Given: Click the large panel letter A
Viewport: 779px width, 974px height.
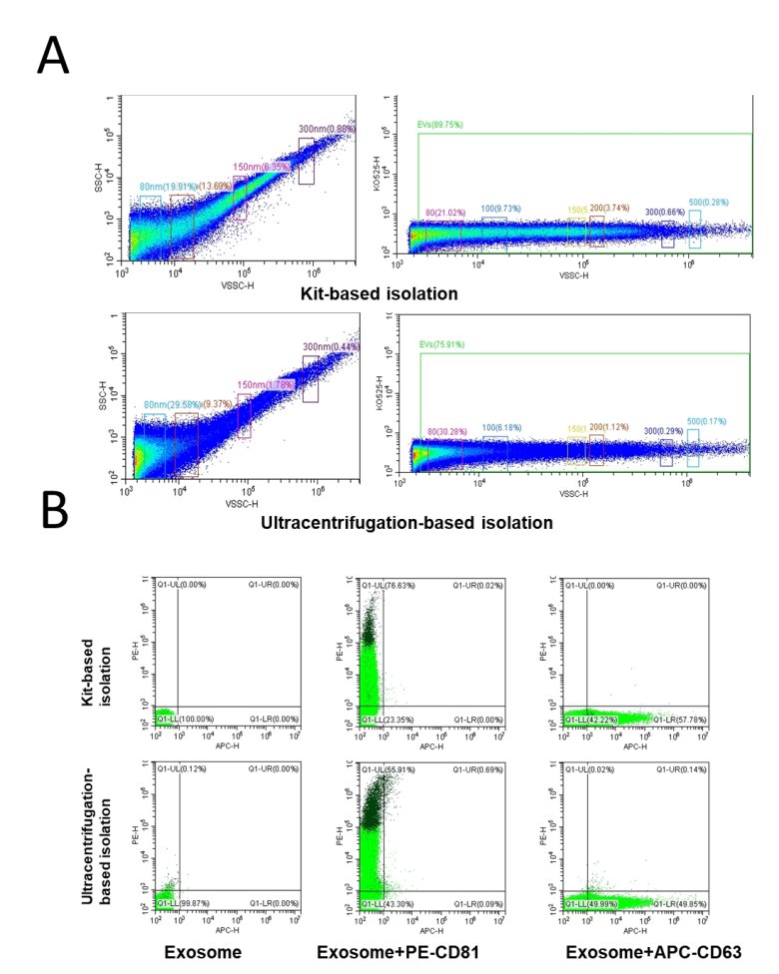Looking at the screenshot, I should pyautogui.click(x=53, y=55).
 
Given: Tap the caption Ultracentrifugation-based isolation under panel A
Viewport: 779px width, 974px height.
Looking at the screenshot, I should pyautogui.click(x=398, y=520).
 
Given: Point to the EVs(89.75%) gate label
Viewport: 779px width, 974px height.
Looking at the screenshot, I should pyautogui.click(x=441, y=126).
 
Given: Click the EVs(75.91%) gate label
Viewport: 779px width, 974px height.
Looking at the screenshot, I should pyautogui.click(x=441, y=345).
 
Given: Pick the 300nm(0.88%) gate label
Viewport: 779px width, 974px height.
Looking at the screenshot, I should pyautogui.click(x=328, y=129).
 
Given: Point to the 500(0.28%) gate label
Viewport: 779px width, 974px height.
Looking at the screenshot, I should pyautogui.click(x=706, y=202).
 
